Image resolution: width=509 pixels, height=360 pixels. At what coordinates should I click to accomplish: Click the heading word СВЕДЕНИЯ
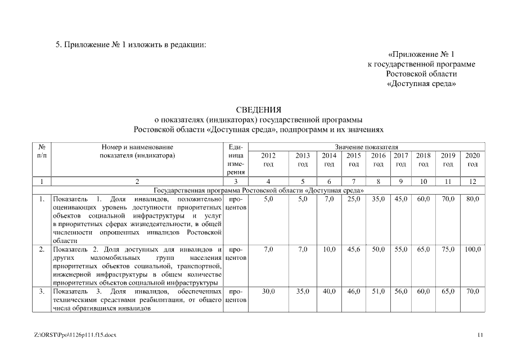pyautogui.click(x=258, y=109)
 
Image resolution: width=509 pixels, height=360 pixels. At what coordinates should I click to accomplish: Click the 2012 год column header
pyautogui.click(x=268, y=159)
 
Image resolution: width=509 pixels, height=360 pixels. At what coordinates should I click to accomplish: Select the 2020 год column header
pyautogui.click(x=472, y=159)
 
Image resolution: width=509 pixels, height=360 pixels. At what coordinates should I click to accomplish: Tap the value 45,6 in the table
pyautogui.click(x=354, y=249)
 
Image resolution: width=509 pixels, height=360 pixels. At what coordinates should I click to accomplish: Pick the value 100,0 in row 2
pyautogui.click(x=472, y=249)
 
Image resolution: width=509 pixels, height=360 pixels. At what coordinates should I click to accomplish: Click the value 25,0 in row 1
pyautogui.click(x=354, y=199)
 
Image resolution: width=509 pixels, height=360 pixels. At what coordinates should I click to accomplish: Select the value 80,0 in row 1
pyautogui.click(x=472, y=199)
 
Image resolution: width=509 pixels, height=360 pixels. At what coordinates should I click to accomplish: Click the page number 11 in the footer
pyautogui.click(x=480, y=335)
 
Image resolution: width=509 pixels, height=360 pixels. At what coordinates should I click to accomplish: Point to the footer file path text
pyautogui.click(x=75, y=335)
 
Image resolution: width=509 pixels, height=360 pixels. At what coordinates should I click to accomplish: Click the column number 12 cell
pyautogui.click(x=472, y=181)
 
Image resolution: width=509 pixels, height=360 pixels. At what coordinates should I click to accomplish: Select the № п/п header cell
pyautogui.click(x=42, y=151)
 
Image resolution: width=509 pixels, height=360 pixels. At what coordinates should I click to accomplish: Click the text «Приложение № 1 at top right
pyautogui.click(x=421, y=54)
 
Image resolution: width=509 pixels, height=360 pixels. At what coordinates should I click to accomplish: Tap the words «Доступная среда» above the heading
pyautogui.click(x=421, y=84)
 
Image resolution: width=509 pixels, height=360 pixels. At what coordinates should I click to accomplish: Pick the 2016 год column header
pyautogui.click(x=379, y=159)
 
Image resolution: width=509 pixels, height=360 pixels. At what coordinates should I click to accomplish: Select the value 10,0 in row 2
pyautogui.click(x=330, y=249)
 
